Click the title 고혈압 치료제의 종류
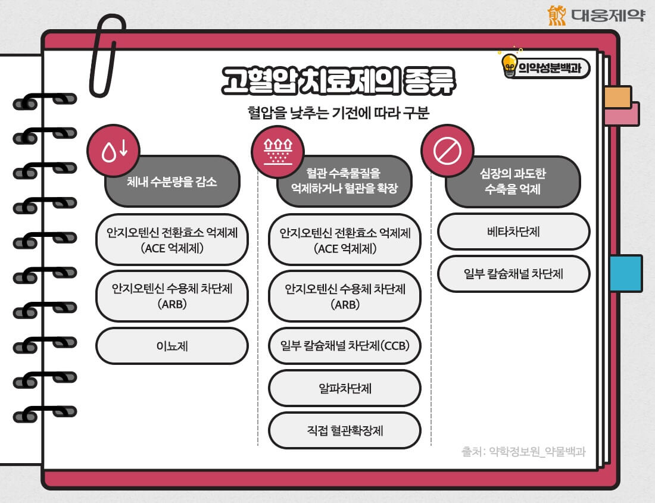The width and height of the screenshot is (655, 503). coord(338,82)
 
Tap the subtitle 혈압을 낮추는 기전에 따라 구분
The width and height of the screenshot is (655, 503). coord(338,113)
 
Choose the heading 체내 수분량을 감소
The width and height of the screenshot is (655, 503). coord(172,182)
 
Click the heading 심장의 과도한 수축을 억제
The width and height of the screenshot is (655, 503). coord(513,182)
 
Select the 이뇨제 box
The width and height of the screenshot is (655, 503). coord(171,346)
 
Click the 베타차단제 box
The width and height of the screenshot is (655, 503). coord(513,232)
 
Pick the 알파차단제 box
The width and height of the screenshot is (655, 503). coord(345,388)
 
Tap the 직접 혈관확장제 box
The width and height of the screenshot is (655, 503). coord(345,430)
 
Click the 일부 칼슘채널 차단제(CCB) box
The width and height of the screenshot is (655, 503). coord(345,346)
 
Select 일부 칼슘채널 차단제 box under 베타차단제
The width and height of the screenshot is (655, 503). coord(513,274)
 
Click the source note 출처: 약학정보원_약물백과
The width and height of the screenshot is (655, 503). coord(523,451)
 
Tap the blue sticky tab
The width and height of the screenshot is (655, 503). coord(626,273)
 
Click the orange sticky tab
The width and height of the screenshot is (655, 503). coord(617,97)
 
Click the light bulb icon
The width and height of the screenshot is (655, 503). coord(510,64)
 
